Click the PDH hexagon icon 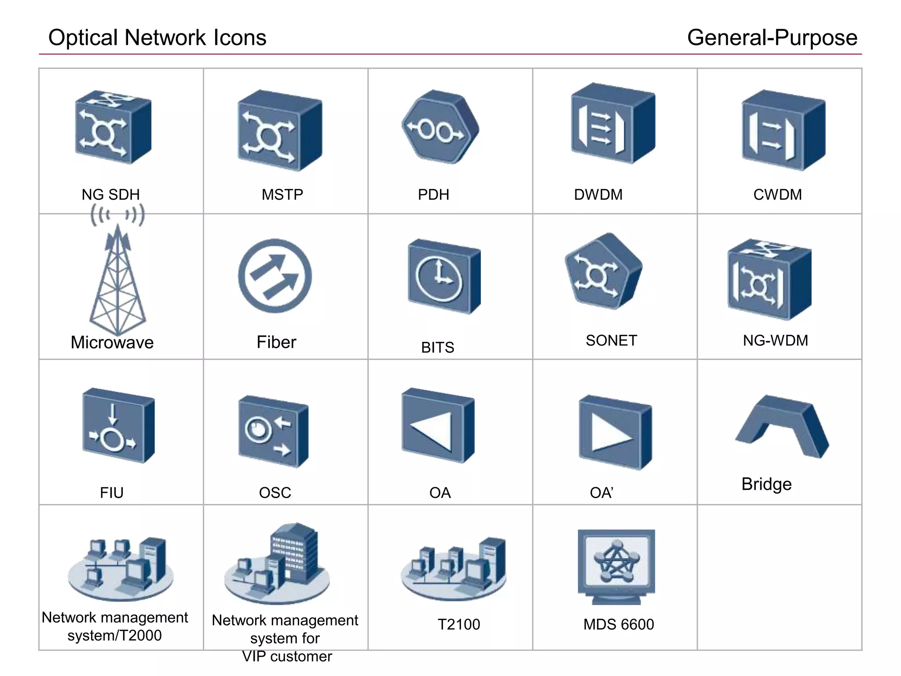tap(440, 128)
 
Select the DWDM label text tap(598, 195)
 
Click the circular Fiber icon tap(275, 276)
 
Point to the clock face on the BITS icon tap(439, 279)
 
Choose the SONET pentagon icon tap(603, 271)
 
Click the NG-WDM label tap(775, 340)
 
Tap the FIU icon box tap(118, 426)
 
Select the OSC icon tap(273, 432)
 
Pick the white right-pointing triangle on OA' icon tap(609, 434)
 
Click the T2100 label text tap(458, 624)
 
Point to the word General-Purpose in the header tap(772, 38)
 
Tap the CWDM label tap(777, 195)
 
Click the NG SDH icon tap(113, 128)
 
